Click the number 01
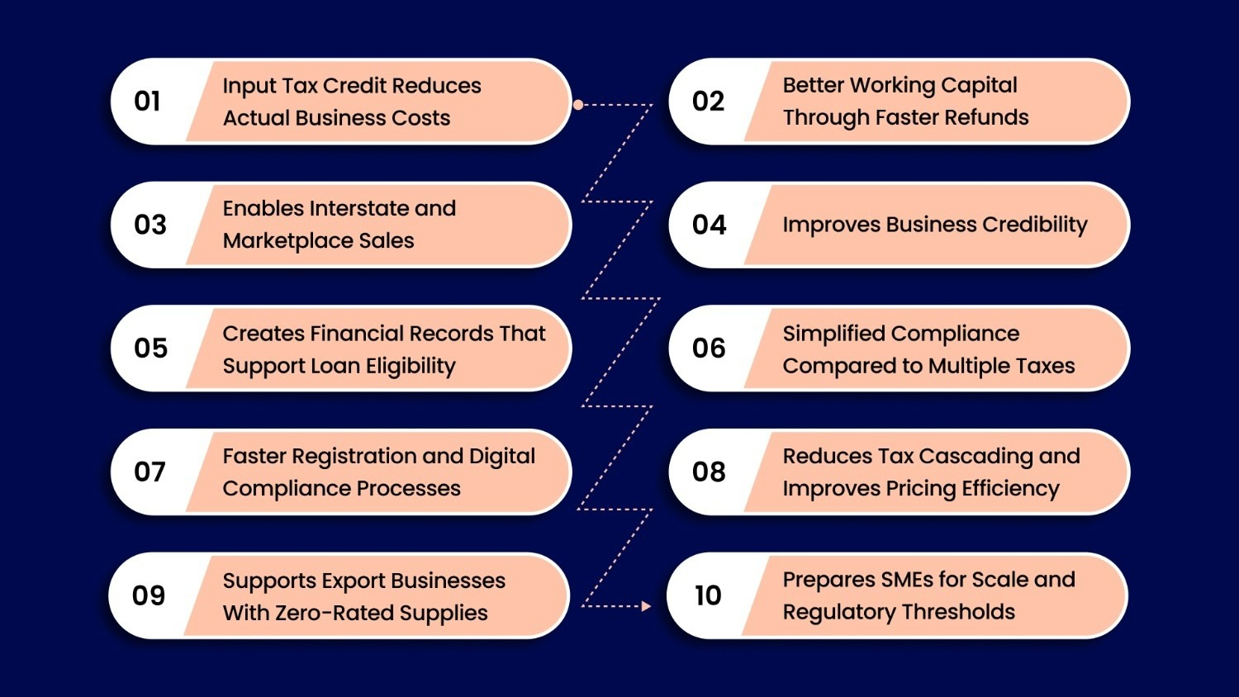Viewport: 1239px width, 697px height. pyautogui.click(x=147, y=102)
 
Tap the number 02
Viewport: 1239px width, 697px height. pyautogui.click(x=708, y=102)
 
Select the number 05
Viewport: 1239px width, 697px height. pyautogui.click(x=150, y=348)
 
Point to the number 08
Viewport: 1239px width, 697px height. pyautogui.click(x=709, y=472)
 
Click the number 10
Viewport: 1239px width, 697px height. pyautogui.click(x=708, y=595)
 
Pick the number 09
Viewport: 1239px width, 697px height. pyautogui.click(x=149, y=595)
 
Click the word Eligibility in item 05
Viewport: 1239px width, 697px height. pyautogui.click(x=411, y=366)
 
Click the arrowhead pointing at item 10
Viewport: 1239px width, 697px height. pyautogui.click(x=646, y=606)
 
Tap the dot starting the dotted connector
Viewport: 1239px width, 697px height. pyautogui.click(x=578, y=105)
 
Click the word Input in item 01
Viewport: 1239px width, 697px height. pyautogui.click(x=249, y=86)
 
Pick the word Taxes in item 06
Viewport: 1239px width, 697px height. pyautogui.click(x=1046, y=366)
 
